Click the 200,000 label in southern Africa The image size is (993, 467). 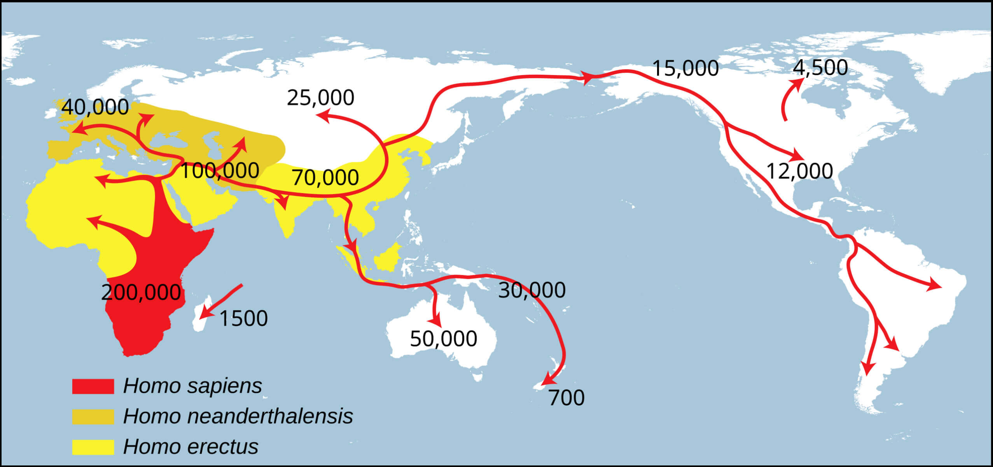pos(141,292)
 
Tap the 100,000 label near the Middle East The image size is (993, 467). pos(220,170)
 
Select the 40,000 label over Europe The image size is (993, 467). pos(95,107)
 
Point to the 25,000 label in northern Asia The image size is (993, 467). pos(320,98)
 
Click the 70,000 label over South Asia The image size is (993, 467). pos(325,177)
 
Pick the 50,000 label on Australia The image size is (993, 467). pos(444,339)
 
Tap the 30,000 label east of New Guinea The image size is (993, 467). pos(532,290)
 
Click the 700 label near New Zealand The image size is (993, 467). pos(566,398)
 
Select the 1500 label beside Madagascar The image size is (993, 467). pos(243,318)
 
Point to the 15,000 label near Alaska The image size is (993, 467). pos(685,68)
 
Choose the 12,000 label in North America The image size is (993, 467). pos(799,171)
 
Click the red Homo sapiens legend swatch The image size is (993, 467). pos(93,386)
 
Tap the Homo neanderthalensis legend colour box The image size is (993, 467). pos(93,416)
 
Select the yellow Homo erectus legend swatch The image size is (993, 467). pos(93,447)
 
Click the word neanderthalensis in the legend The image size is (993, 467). pos(270,416)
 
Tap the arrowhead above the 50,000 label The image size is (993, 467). pos(437,322)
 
